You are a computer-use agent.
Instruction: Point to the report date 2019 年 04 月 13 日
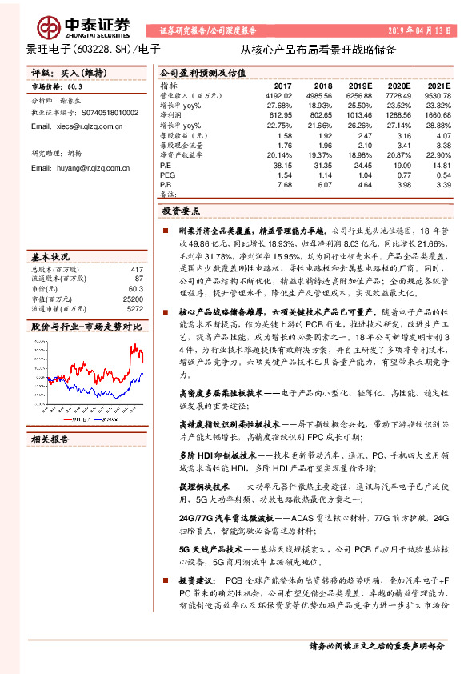coord(423,30)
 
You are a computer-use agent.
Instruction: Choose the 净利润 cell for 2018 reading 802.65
coord(323,115)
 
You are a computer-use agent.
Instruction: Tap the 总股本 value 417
coord(136,270)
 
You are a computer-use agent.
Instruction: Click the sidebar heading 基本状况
coord(50,257)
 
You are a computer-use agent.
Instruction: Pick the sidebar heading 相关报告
coord(50,439)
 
